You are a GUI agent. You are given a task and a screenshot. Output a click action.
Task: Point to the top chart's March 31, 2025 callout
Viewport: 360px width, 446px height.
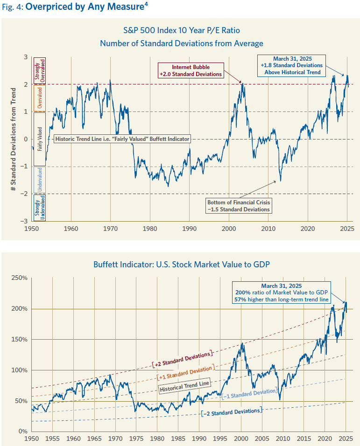click(x=291, y=65)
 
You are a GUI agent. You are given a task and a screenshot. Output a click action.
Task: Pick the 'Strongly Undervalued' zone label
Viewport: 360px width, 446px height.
click(x=40, y=207)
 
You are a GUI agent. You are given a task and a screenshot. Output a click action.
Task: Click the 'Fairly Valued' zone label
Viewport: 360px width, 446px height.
click(x=40, y=139)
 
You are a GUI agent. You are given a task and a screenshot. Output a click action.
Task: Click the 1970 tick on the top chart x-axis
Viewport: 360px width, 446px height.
click(x=110, y=229)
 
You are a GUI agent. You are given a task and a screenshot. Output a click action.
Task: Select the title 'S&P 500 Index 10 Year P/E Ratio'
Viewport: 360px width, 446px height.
click(x=181, y=30)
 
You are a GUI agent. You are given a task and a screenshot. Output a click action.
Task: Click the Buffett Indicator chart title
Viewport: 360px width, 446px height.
click(x=181, y=264)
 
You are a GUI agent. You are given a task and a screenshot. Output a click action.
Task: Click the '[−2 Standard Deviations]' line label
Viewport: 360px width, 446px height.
click(x=231, y=411)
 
